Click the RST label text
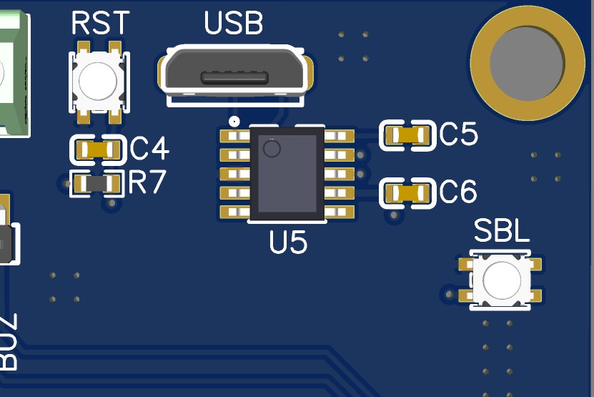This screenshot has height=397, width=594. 101,24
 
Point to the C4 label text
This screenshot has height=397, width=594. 150,150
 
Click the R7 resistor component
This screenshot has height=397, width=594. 97,184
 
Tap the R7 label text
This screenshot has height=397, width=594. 147,183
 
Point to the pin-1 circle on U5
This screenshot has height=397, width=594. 272,149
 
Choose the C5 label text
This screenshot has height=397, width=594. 458,134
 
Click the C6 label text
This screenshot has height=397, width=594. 458,192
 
